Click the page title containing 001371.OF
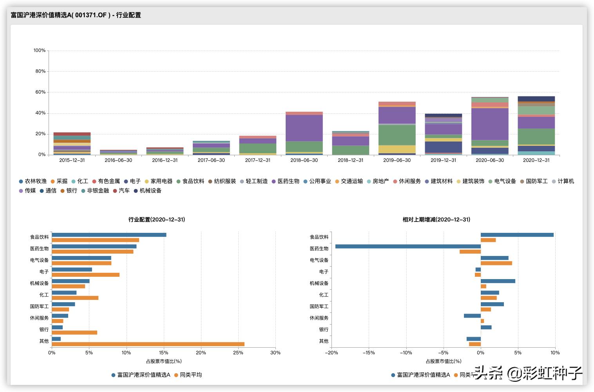coord(76,15)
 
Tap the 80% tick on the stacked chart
coord(40,71)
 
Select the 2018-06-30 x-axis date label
coord(304,160)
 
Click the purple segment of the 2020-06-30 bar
coord(490,124)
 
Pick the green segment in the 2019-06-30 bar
coord(397,135)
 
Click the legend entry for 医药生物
coord(285,181)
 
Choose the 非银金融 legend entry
coord(95,191)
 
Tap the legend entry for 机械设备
coord(147,191)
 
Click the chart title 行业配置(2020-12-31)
coord(157,220)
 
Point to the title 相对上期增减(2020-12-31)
coord(436,220)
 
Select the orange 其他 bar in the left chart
coord(148,344)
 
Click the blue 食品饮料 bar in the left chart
coord(109,235)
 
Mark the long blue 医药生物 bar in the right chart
coord(408,247)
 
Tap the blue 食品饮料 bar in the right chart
coord(517,235)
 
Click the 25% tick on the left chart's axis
coord(238,353)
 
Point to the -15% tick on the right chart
coord(368,353)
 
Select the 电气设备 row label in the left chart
coord(40,260)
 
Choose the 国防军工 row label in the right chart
coord(319,307)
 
